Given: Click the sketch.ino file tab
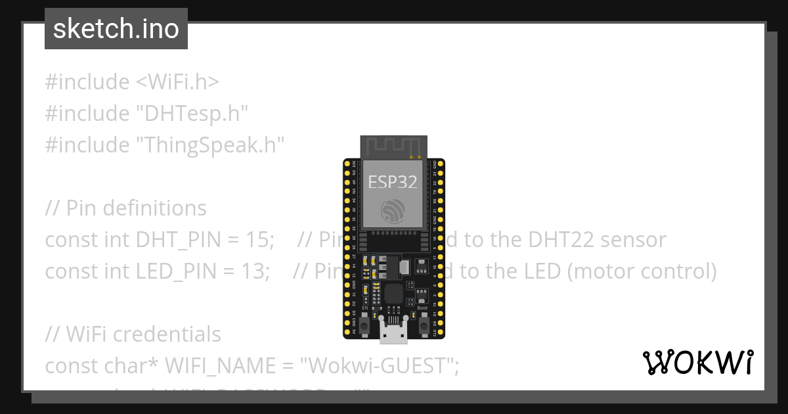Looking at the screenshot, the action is [116, 29].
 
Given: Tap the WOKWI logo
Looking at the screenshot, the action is [697, 362].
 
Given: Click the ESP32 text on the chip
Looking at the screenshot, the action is [393, 182].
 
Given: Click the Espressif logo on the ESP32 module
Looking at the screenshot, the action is [393, 210].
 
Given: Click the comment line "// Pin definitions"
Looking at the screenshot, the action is [125, 208].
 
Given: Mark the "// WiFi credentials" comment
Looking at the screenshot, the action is [133, 334].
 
